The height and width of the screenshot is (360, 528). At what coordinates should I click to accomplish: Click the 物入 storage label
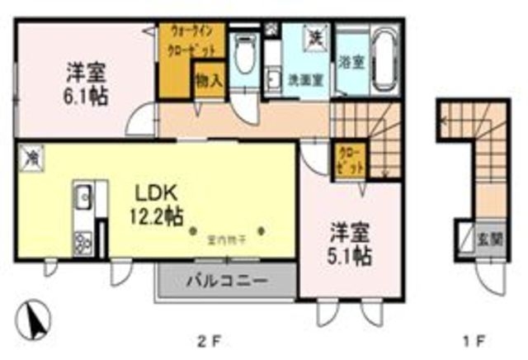click(x=208, y=81)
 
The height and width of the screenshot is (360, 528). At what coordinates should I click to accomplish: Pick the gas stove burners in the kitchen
click(x=84, y=241)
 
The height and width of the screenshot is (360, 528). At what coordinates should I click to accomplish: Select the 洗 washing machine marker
click(x=315, y=36)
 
